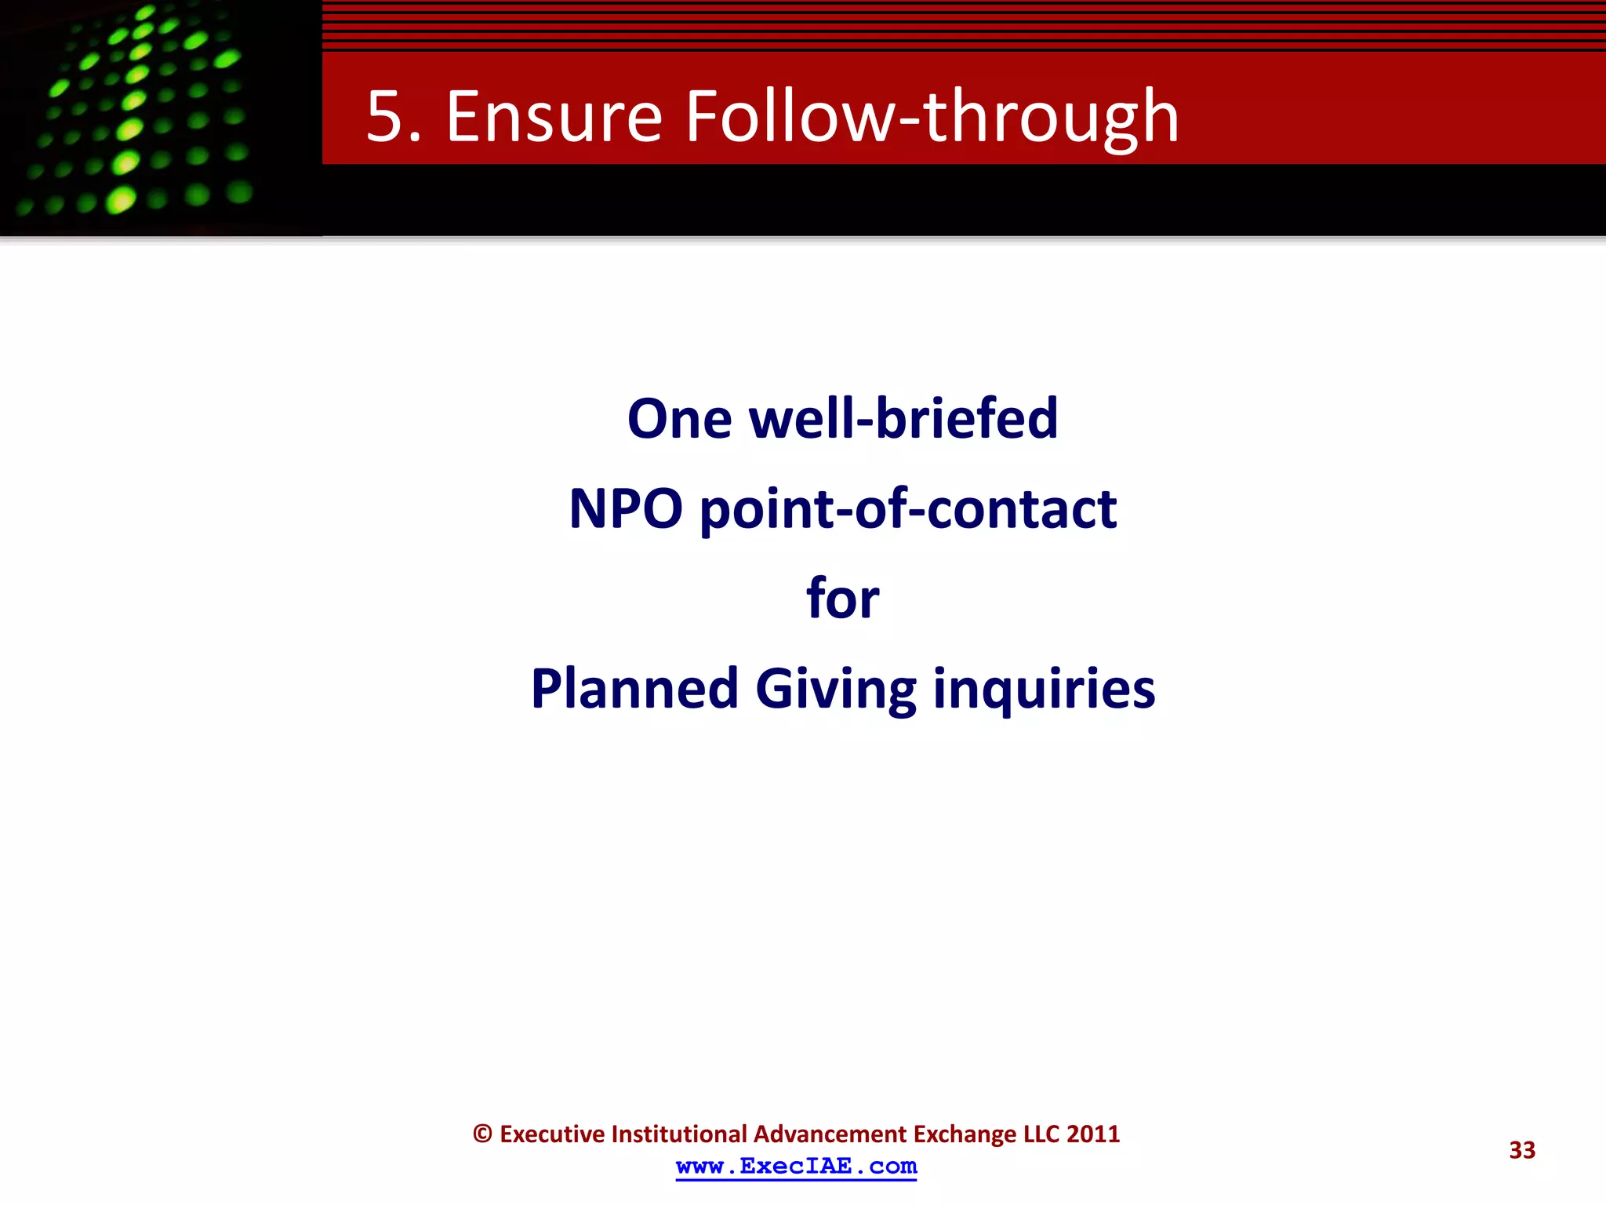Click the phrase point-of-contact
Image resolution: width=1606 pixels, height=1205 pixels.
[x=908, y=510]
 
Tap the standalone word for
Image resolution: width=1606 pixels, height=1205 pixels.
[x=843, y=598]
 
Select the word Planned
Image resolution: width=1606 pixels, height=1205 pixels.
[x=634, y=688]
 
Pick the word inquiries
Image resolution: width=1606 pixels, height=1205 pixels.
[x=1044, y=690]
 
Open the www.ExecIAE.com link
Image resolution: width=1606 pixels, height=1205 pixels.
[x=796, y=1167]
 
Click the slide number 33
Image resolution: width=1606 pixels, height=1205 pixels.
[x=1522, y=1150]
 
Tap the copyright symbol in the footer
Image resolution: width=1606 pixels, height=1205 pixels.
[x=482, y=1134]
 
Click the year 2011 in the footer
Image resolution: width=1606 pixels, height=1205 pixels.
[x=1093, y=1134]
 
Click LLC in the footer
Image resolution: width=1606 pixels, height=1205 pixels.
[x=1042, y=1134]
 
